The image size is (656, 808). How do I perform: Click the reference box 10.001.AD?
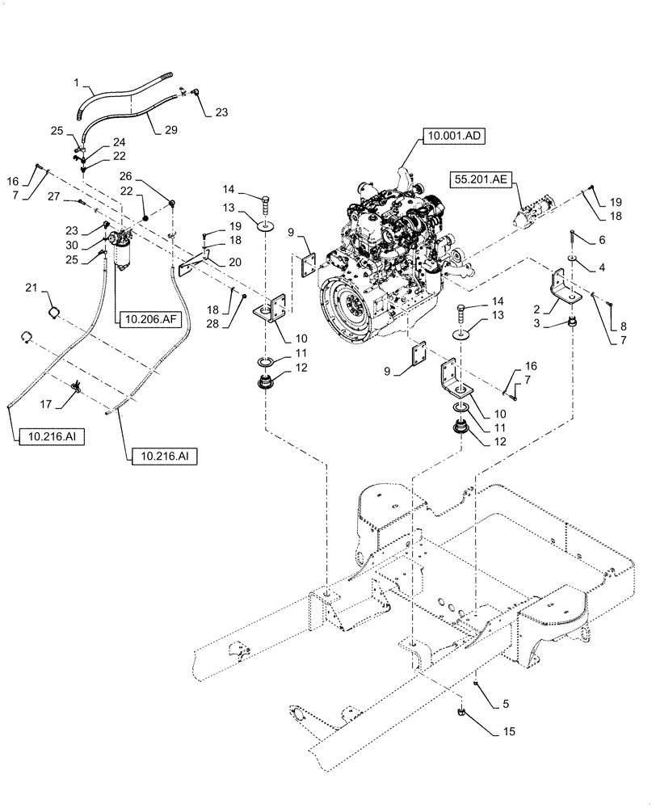452,137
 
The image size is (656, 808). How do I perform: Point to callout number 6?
601,240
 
